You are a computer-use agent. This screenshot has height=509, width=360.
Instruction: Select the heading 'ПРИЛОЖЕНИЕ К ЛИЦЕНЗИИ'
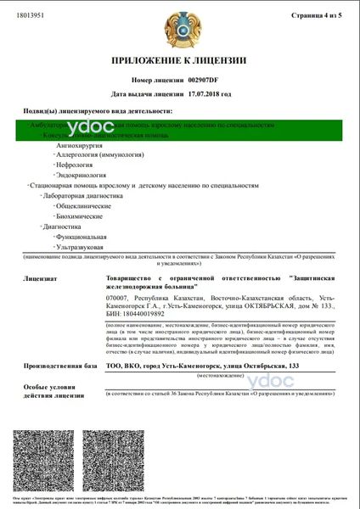pyautogui.click(x=180, y=60)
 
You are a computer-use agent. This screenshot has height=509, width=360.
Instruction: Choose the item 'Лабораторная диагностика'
pyautogui.click(x=81, y=195)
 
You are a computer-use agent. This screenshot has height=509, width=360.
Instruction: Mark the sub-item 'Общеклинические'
pyautogui.click(x=84, y=206)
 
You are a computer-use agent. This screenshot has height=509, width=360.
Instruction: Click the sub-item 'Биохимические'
pyautogui.click(x=81, y=216)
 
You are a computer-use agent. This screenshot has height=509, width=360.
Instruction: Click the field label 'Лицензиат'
pyautogui.click(x=42, y=277)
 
